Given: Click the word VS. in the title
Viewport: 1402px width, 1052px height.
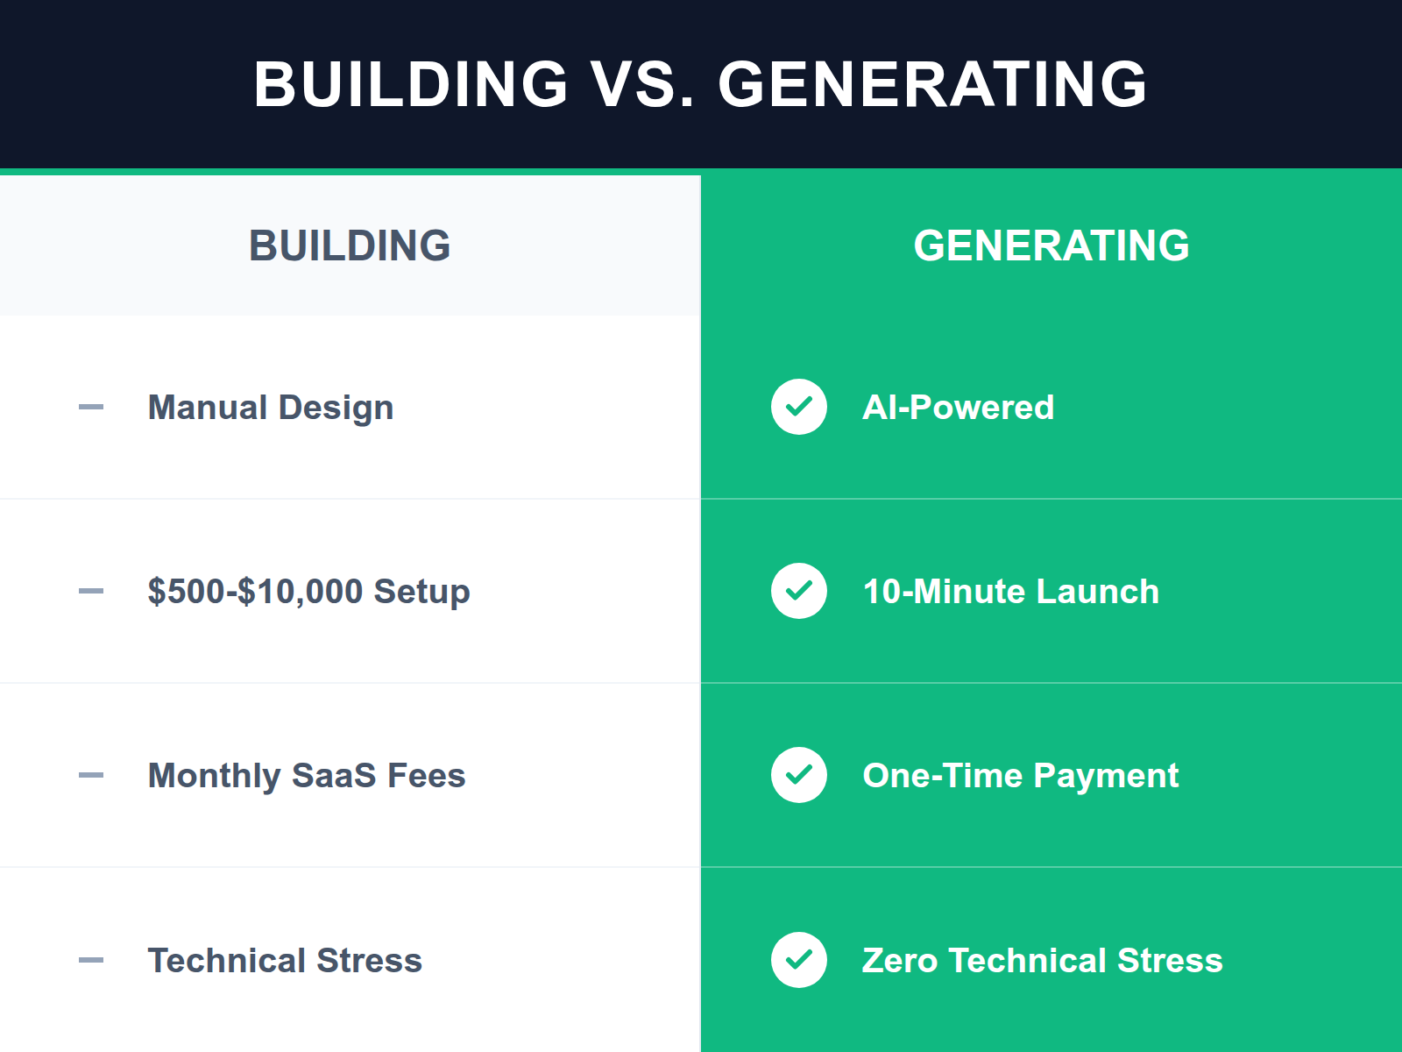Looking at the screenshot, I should coord(642,85).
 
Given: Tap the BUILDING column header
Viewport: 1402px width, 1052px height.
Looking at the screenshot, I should coord(350,245).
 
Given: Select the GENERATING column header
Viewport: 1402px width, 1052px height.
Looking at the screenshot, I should coord(1051,245).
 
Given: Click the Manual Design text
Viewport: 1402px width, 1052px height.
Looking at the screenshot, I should coord(271,408).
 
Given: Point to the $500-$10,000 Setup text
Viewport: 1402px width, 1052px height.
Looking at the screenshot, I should coord(308,592).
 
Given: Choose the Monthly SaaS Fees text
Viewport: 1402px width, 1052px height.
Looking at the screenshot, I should coord(307,776).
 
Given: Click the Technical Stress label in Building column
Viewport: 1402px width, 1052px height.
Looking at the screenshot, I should coord(285,961).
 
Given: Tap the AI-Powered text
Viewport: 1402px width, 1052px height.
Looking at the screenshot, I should coord(958,408).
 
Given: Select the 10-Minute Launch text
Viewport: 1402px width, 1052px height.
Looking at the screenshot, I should coord(1010,592).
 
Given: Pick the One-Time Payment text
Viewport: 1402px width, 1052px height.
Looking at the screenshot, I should coord(1020,776).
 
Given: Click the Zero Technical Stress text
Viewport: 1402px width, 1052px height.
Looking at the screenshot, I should coord(1042,961).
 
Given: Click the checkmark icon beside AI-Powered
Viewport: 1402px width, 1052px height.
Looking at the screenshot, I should coord(799,407).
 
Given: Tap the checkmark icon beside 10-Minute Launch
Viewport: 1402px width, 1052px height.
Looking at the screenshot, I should coord(799,591).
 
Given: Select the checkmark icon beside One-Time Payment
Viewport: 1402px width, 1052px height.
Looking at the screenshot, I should coord(799,775).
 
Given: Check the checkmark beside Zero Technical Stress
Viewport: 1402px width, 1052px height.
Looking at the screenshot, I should coord(799,960).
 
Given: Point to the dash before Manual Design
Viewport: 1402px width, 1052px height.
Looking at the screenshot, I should coord(91,407).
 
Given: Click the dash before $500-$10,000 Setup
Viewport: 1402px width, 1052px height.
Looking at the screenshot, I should coord(91,591).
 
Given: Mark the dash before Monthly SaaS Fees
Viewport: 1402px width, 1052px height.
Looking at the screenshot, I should coord(91,775).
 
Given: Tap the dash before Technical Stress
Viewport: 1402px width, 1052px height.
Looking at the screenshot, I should coord(91,960).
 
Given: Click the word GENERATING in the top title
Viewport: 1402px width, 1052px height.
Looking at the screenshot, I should coord(932,85).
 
